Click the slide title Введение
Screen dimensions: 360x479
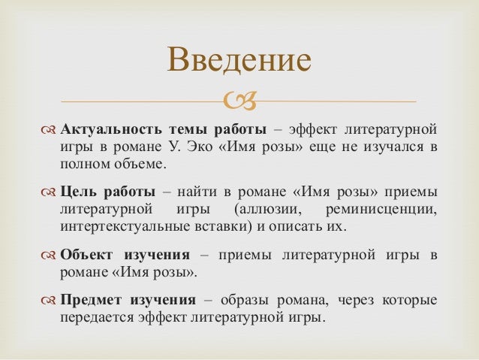coord(239,61)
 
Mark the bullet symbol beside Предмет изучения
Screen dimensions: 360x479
coord(49,301)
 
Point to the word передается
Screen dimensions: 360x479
coord(96,318)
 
